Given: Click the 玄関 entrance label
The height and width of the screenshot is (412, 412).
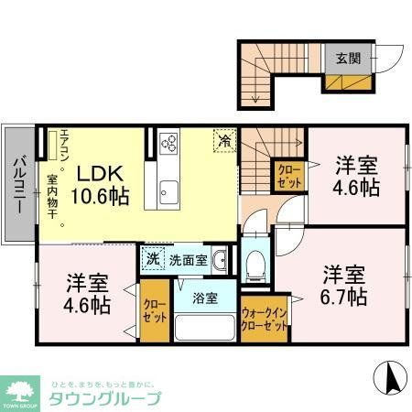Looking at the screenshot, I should coord(349,59).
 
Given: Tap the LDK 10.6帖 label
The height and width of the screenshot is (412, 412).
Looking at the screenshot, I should coord(101,184).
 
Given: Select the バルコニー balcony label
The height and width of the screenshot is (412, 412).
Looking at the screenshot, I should coord(17,185).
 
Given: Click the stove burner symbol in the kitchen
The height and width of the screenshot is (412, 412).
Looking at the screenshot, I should coord(169,143).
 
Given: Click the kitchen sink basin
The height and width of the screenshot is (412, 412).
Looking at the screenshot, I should coord(169,191).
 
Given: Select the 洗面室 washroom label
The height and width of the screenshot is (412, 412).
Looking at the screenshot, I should coord(187,259).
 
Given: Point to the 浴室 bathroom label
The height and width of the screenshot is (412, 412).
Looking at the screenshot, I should coord(204,298).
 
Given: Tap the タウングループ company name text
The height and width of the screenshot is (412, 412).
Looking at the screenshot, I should coord(104,398).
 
